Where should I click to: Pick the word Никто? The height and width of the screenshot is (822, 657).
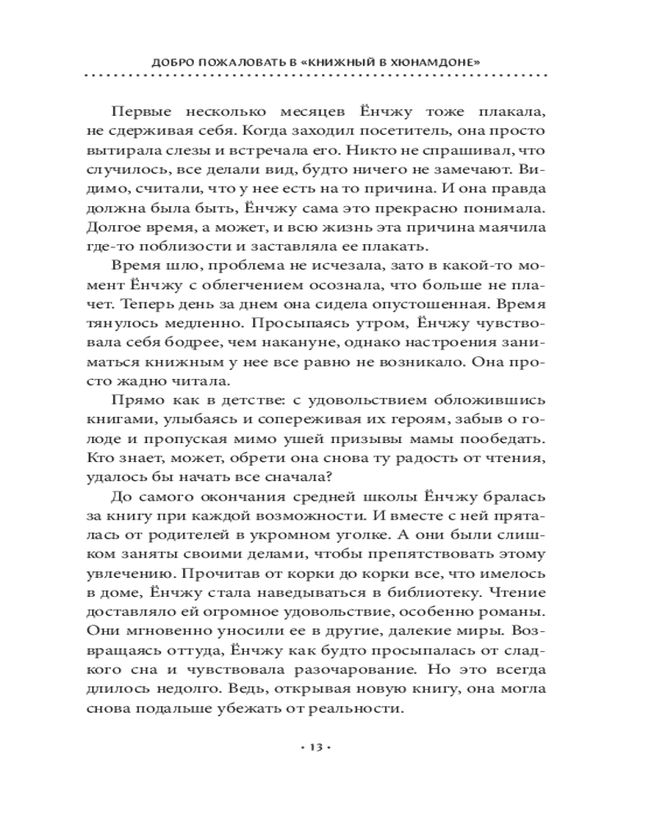tap(366, 151)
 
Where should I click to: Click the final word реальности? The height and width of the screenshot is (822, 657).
tap(359, 708)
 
